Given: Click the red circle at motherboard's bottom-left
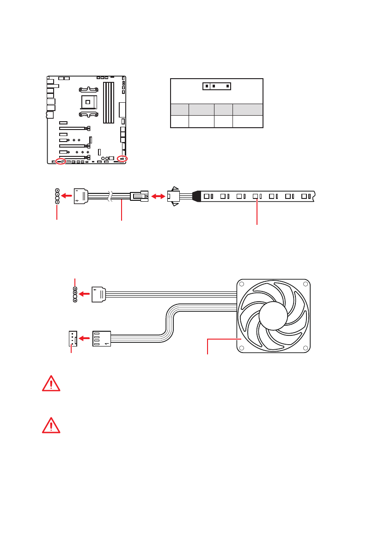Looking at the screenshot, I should (60, 161).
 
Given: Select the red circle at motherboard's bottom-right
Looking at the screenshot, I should (122, 159).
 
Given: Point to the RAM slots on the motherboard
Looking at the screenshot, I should (108, 102).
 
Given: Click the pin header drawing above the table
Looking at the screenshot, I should (216, 86).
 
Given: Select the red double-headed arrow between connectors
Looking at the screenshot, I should (157, 196).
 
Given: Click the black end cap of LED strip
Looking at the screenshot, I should (196, 196).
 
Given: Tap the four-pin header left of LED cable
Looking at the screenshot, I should (57, 196).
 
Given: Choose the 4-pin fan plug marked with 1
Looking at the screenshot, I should (102, 339).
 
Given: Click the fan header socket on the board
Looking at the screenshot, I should (72, 339).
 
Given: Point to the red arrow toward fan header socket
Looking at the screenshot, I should (84, 339).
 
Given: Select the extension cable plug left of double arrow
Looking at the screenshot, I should (139, 196).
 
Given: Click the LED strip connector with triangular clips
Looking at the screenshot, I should (174, 196).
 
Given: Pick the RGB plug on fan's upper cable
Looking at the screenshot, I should (99, 294).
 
